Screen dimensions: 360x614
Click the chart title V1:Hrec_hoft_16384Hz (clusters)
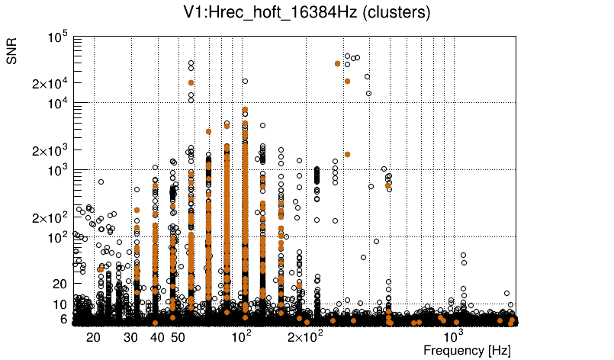[x=306, y=12]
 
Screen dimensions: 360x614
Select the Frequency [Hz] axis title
[x=467, y=350]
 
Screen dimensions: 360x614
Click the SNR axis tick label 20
[x=59, y=284]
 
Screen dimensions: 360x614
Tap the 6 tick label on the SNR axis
[x=63, y=319]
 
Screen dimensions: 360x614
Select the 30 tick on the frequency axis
[x=131, y=337]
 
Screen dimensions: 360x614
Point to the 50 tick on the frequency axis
[x=178, y=337]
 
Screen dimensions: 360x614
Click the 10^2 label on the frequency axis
[x=241, y=336]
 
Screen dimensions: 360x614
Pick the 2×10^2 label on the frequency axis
[x=304, y=336]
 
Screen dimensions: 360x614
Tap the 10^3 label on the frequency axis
[x=454, y=336]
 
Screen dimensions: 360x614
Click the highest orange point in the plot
[x=337, y=63]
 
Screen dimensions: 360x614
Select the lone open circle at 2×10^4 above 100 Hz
[x=245, y=81]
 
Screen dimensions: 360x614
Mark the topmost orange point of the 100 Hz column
[x=245, y=109]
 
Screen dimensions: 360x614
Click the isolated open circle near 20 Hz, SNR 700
[x=101, y=182]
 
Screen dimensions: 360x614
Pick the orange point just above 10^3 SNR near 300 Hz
[x=347, y=154]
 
